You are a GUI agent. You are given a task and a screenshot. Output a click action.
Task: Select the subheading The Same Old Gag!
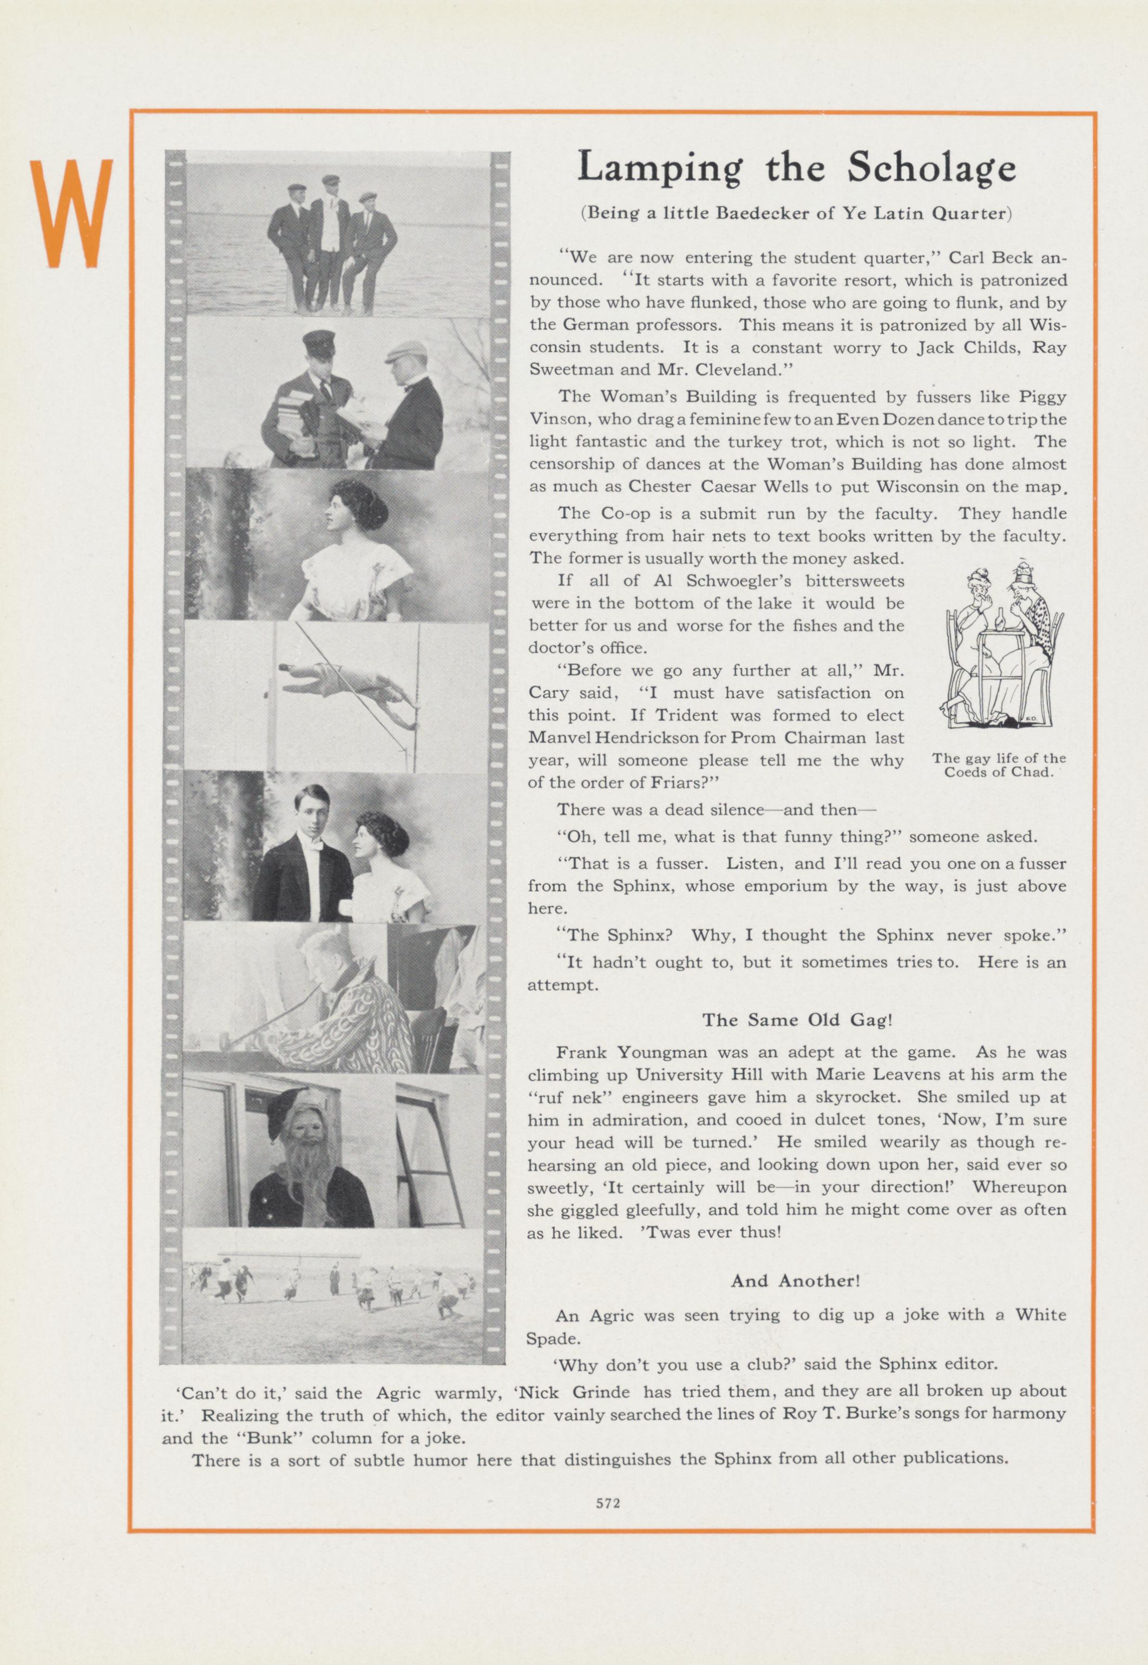(797, 1020)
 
